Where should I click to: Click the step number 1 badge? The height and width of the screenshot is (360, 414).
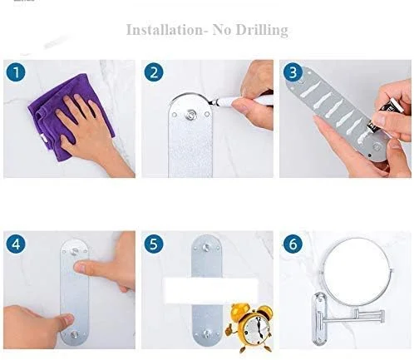pyautogui.click(x=16, y=72)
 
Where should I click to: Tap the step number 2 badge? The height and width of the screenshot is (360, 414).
pyautogui.click(x=154, y=72)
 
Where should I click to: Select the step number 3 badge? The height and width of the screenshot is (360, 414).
pyautogui.click(x=293, y=72)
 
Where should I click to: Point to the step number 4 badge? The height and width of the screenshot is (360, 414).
pyautogui.click(x=16, y=244)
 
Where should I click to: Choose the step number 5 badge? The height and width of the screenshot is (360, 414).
pyautogui.click(x=154, y=244)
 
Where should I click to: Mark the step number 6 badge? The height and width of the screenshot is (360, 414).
pyautogui.click(x=293, y=244)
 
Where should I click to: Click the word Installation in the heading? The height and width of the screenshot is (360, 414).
pyautogui.click(x=165, y=30)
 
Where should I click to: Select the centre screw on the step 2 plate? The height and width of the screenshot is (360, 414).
pyautogui.click(x=190, y=115)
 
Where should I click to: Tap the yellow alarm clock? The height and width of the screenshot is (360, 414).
pyautogui.click(x=251, y=327)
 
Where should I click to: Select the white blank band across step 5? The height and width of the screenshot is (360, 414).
pyautogui.click(x=211, y=290)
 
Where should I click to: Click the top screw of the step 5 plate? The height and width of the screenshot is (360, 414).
pyautogui.click(x=206, y=247)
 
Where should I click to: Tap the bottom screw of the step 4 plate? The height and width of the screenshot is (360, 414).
pyautogui.click(x=75, y=334)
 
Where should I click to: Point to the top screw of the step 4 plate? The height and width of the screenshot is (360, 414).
pyautogui.click(x=75, y=251)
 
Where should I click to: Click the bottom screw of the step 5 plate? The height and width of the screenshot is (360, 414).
pyautogui.click(x=206, y=333)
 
